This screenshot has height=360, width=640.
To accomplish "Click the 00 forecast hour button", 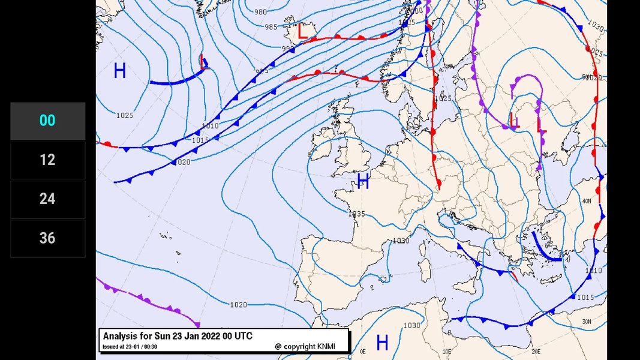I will (x=47, y=121).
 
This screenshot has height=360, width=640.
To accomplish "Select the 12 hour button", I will (x=47, y=160).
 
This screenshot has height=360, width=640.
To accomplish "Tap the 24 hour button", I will (x=47, y=199).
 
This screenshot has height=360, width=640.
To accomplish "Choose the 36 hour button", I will (x=47, y=238).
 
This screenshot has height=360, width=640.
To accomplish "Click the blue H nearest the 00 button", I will (x=120, y=71).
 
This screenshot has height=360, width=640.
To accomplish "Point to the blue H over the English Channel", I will (x=363, y=182).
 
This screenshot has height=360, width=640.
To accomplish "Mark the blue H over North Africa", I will (x=382, y=343).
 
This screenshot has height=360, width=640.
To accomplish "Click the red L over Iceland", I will (x=303, y=32).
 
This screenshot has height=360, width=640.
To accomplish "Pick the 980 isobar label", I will (x=260, y=12).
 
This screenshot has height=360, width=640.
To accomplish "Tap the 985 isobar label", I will (x=271, y=27).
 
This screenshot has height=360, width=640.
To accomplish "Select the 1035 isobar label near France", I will (x=356, y=214).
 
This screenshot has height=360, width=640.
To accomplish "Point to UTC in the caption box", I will (x=242, y=336).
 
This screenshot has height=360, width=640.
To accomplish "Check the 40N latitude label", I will (x=586, y=201).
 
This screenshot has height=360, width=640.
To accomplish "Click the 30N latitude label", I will (x=586, y=322).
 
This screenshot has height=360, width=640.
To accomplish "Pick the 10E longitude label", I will (x=446, y=352).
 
